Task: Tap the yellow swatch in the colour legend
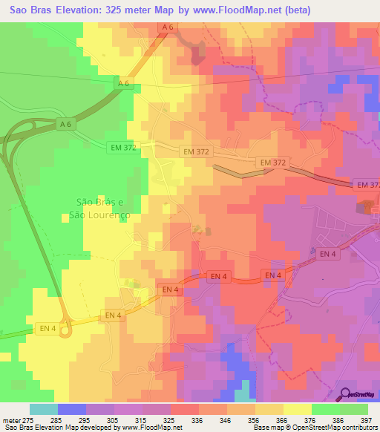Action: (x=297, y=409)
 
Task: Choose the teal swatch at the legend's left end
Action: (x=43, y=409)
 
